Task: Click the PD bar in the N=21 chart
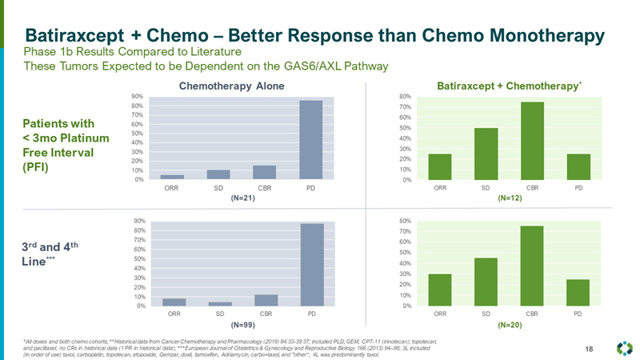point(311,139)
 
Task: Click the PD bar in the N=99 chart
point(311,264)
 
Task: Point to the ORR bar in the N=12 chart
point(440,166)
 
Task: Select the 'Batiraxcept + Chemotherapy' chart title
point(506,86)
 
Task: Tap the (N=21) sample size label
point(242,198)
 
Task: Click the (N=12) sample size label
point(509,198)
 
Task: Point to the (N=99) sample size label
point(242,326)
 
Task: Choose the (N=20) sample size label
point(509,326)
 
